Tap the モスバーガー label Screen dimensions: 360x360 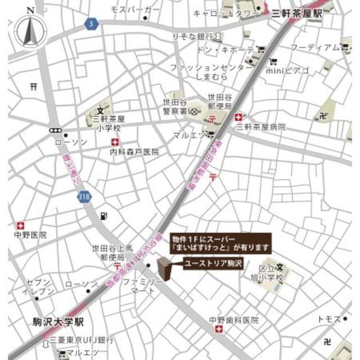pos(135,10)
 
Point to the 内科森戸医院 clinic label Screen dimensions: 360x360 pos(134,151)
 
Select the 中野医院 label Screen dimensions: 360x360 pos(31,235)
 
